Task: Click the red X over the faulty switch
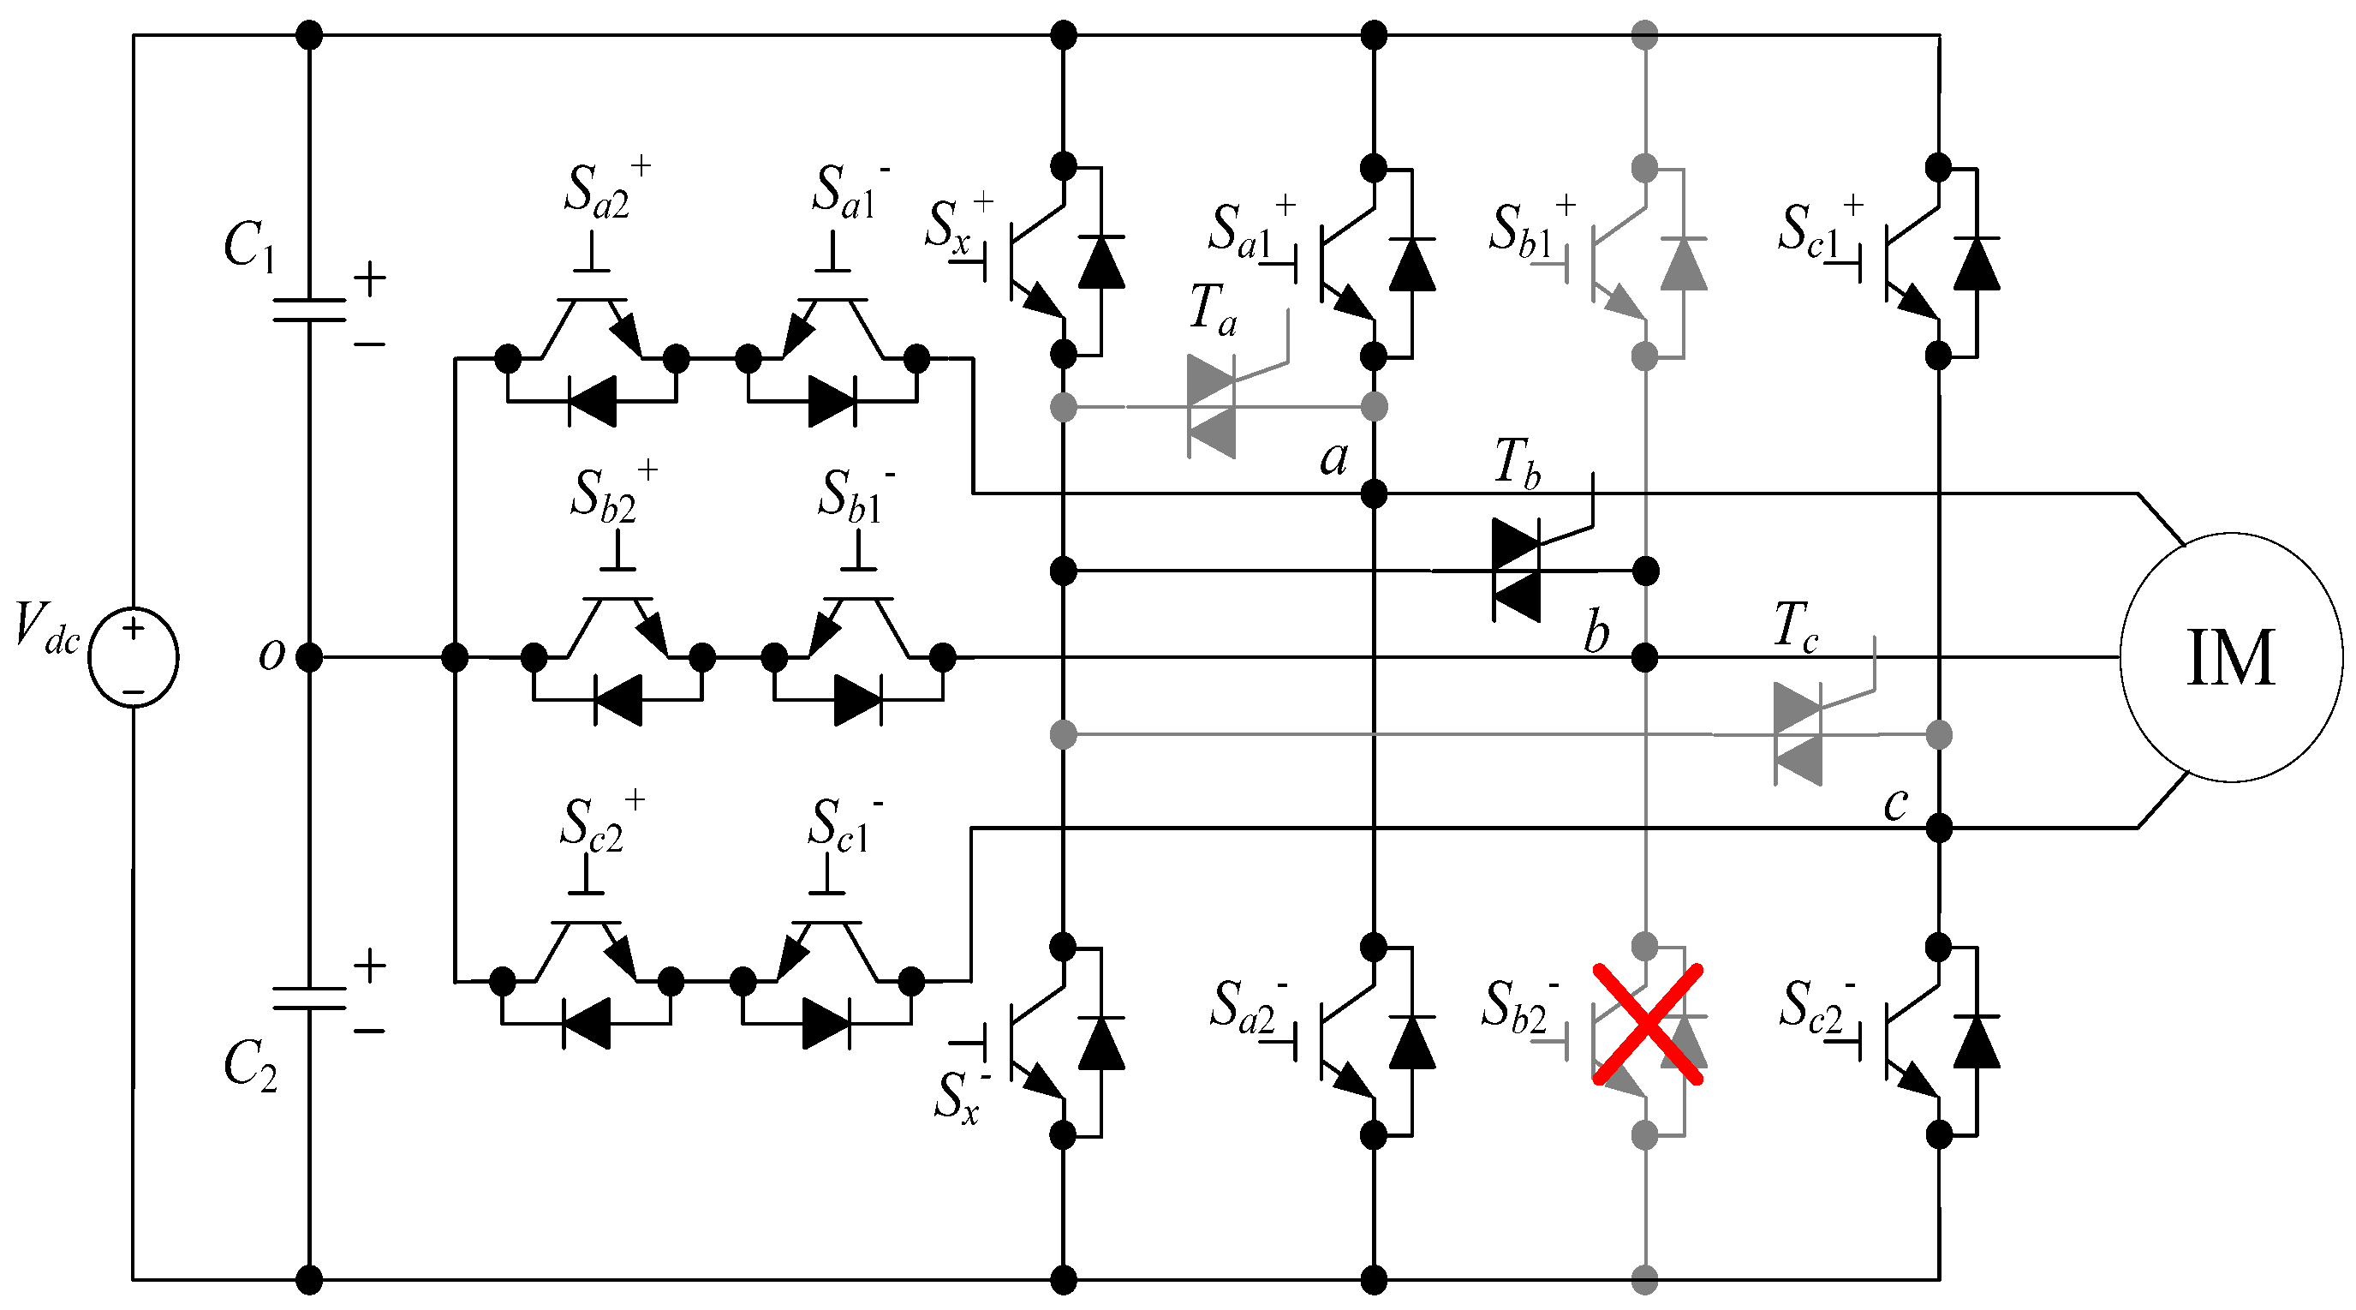tap(1647, 1025)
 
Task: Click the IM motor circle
tap(2231, 657)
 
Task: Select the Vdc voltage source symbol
tap(134, 657)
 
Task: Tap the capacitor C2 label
tap(248, 1067)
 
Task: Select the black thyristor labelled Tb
tap(1517, 569)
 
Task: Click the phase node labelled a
tap(1374, 494)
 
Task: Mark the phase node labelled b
tap(1644, 657)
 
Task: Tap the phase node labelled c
tap(1939, 828)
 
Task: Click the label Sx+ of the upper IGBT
tap(956, 224)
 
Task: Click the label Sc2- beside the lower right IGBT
tap(1816, 1007)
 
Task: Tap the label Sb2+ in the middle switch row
tap(611, 494)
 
